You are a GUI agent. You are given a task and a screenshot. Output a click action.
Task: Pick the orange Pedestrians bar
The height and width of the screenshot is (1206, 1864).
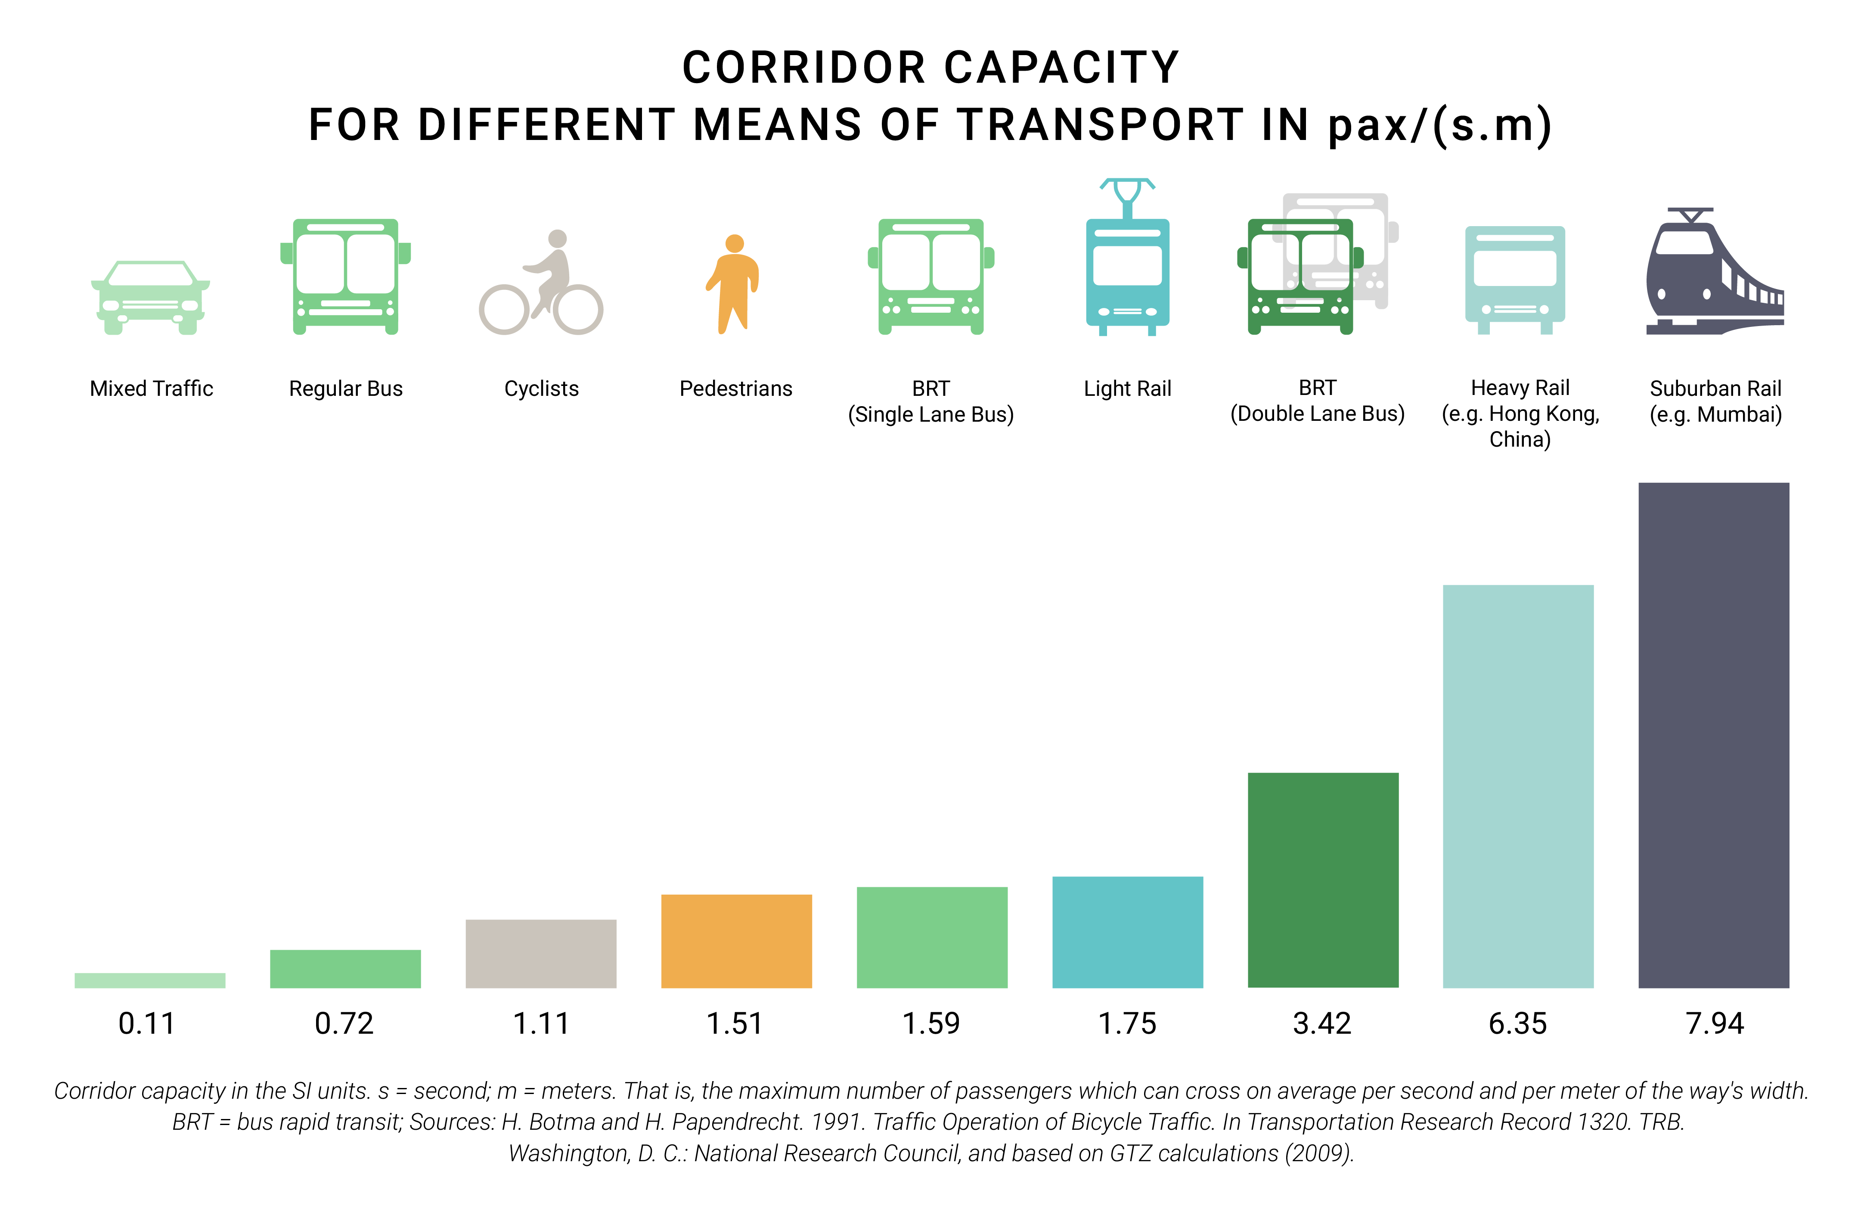point(736,941)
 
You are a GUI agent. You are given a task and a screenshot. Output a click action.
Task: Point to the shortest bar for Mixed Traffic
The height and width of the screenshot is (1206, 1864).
point(149,980)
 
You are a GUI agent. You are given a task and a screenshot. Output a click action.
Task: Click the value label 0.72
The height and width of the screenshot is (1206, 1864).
point(344,1023)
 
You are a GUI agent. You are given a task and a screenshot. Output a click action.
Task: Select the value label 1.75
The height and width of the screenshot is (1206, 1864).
point(1127,1023)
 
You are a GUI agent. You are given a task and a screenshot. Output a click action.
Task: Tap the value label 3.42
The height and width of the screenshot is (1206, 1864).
point(1322,1023)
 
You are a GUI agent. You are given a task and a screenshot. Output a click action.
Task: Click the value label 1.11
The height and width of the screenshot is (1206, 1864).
point(541,1023)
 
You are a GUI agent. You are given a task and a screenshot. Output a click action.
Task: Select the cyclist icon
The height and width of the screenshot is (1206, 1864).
point(541,283)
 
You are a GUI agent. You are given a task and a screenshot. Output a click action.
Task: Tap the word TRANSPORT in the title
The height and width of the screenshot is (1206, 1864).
point(1100,125)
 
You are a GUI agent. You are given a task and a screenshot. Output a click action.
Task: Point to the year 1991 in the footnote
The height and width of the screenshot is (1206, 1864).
point(837,1122)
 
